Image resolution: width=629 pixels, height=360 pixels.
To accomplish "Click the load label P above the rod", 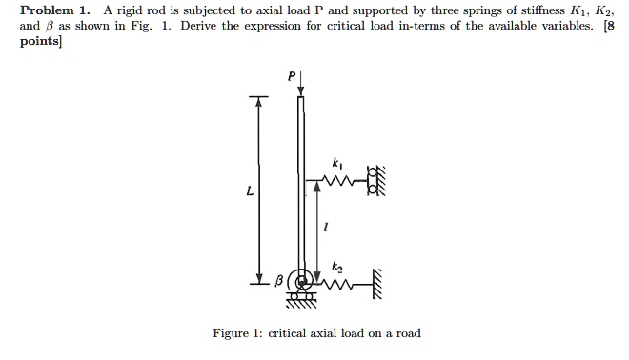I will (292, 74).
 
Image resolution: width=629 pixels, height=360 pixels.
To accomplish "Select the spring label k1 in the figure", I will (335, 162).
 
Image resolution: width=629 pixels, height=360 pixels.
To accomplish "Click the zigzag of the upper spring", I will (335, 179).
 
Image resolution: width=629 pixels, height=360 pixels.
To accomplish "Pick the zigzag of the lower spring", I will (335, 280).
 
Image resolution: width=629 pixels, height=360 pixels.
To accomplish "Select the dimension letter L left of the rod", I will (250, 191).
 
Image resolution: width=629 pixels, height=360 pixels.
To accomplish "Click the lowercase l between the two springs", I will (327, 228).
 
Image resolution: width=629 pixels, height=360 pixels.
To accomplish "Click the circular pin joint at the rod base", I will (303, 281).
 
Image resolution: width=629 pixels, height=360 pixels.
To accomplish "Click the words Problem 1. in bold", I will (52, 10).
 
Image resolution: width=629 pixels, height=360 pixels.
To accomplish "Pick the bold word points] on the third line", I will (41, 43).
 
